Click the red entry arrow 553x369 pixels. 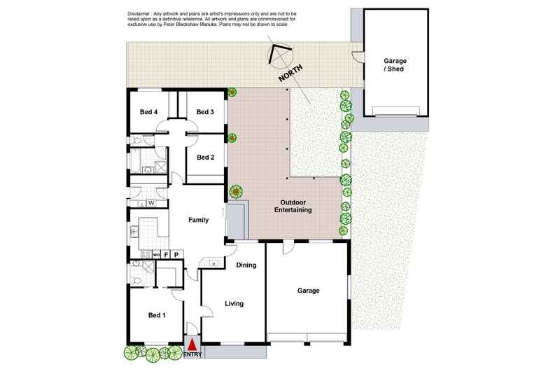tap(192, 344)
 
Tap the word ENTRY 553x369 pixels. tap(192, 355)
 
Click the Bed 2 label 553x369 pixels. tap(205, 158)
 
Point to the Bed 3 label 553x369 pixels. tap(205, 112)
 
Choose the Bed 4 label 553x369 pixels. tap(148, 112)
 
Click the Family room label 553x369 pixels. tap(199, 220)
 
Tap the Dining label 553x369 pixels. tap(246, 265)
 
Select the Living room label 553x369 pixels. tap(233, 304)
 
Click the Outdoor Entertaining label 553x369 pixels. tap(293, 206)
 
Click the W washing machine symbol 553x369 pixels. tap(150, 204)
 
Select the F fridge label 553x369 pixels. tap(166, 254)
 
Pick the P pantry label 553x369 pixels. tap(176, 254)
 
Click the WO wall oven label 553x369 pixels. tap(156, 254)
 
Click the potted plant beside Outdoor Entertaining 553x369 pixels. tap(237, 191)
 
